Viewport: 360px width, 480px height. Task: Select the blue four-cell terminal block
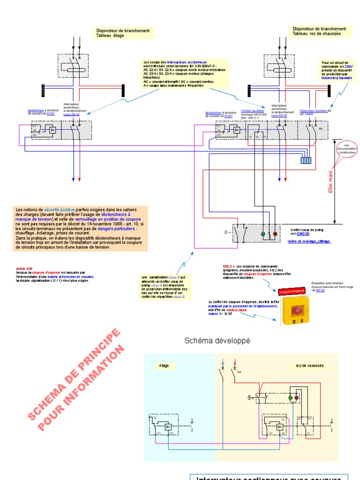point(306,160)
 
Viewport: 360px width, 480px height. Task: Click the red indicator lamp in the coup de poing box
point(275,233)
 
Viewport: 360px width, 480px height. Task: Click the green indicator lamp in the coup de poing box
point(263,233)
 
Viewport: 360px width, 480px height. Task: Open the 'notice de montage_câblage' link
point(308,241)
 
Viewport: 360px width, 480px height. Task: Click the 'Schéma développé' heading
point(217,341)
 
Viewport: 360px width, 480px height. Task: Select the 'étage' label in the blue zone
point(164,366)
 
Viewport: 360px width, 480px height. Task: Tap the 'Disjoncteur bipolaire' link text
point(313,111)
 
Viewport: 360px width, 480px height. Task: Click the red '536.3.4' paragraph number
point(229,266)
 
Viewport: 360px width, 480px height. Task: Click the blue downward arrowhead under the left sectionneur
point(73,179)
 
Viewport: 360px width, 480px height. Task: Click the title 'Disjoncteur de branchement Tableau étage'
point(123,33)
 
